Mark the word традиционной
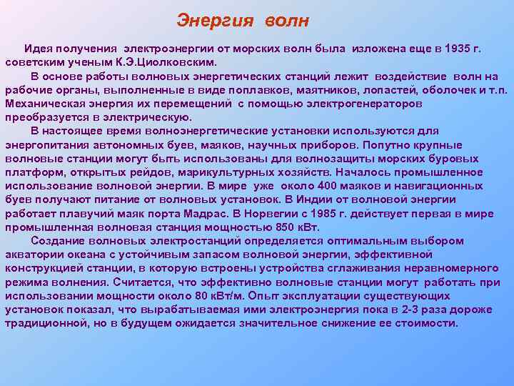click(x=44, y=323)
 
